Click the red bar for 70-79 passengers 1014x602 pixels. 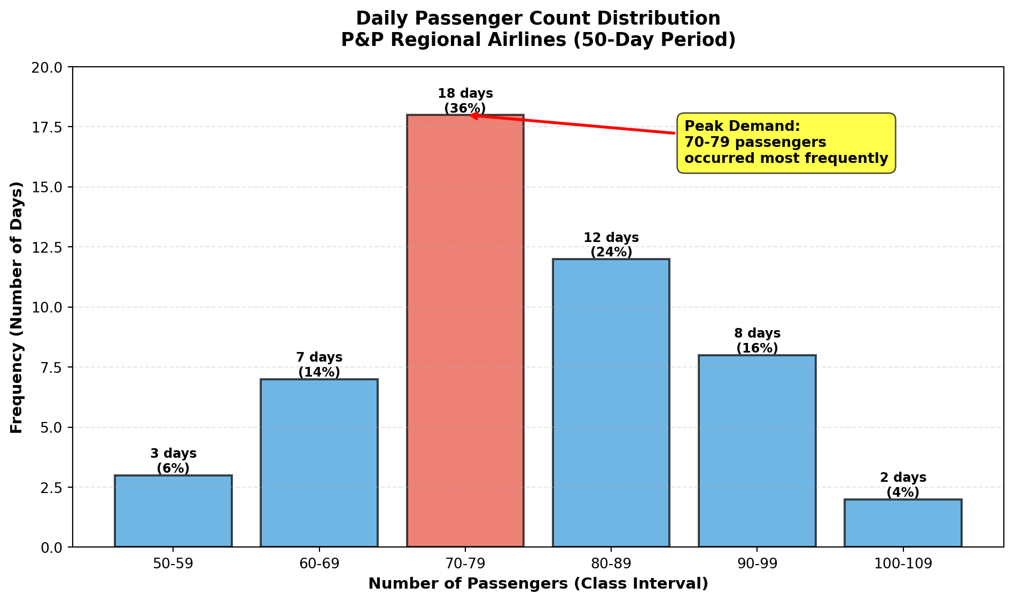465,331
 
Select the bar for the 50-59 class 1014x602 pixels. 173,511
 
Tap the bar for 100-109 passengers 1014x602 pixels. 903,523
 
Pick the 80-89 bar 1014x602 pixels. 611,403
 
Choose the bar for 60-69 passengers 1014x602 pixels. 319,463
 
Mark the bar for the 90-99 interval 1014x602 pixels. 757,451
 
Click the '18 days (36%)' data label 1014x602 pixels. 465,101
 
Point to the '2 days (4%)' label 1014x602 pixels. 903,485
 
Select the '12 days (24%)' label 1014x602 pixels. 611,245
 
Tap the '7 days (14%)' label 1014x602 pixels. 319,365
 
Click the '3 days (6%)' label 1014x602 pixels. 173,461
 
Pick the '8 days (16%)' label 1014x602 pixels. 757,341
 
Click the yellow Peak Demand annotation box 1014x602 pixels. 786,143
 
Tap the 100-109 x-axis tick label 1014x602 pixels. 903,565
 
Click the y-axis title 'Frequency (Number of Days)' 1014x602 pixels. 17,307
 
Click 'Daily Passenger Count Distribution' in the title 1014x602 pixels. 538,19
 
